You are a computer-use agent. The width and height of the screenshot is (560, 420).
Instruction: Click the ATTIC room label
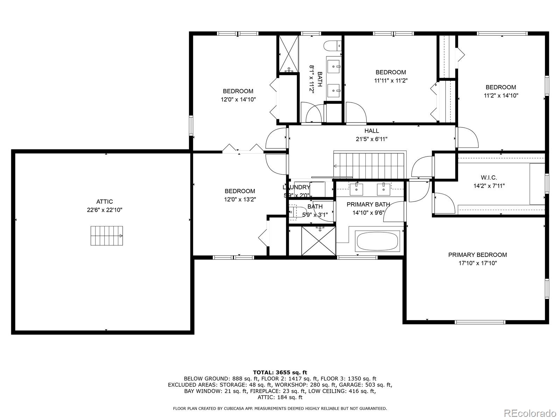coord(104,202)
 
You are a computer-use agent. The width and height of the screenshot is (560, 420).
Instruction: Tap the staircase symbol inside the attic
coord(107,236)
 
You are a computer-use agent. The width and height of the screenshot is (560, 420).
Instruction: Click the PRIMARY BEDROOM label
coord(477,255)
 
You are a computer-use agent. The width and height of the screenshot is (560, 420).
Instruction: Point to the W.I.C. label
coord(489,178)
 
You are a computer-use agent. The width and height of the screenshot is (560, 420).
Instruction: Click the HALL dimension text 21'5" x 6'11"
coord(371,139)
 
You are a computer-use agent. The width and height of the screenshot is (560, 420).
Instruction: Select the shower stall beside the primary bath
coord(318,241)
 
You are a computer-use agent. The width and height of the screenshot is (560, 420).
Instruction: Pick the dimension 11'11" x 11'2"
coord(391,80)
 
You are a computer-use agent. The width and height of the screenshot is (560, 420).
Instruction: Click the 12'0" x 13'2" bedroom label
coord(240,191)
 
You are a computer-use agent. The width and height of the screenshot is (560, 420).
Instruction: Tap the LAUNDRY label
coord(296,187)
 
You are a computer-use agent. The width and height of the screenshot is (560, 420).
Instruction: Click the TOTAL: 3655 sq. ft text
coord(280,372)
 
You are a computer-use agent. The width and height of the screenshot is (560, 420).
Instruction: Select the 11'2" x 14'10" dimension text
coord(500,95)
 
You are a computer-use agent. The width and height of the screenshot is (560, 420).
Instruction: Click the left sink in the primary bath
coord(357,189)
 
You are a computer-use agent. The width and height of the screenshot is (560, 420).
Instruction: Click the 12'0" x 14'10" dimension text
coord(238,99)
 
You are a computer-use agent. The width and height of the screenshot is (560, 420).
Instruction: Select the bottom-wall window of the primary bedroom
coord(479,322)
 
